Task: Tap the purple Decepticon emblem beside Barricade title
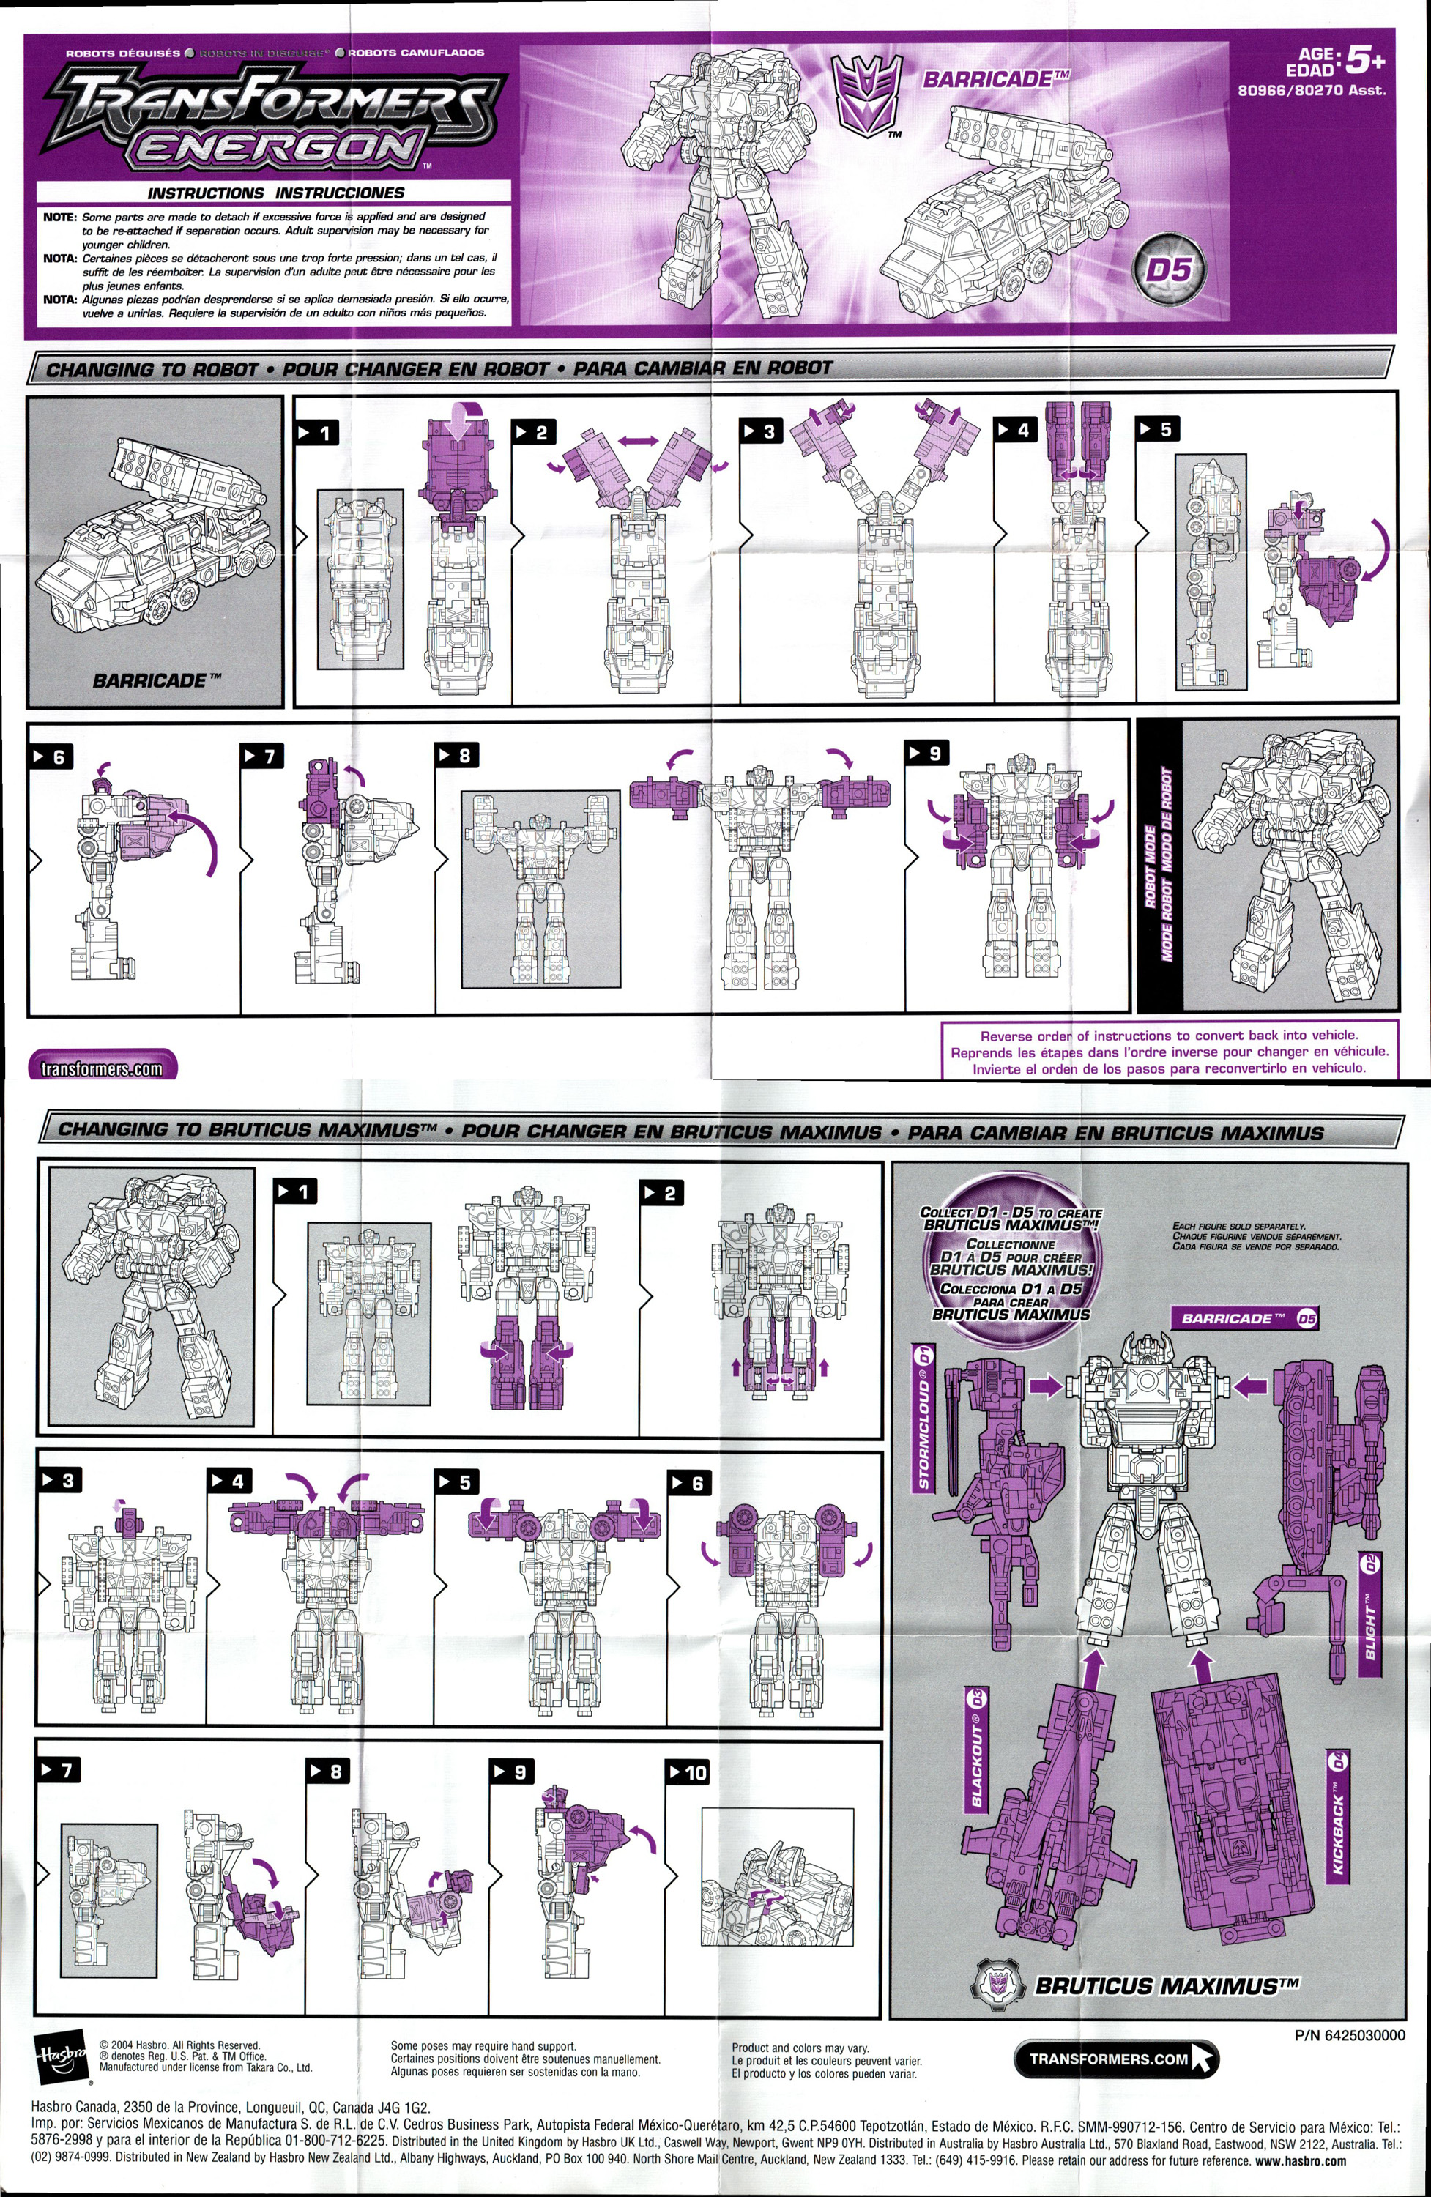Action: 864,96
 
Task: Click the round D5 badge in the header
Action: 1169,269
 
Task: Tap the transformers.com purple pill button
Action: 103,1067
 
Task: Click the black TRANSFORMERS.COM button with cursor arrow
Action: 1115,2059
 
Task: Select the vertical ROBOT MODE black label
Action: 1158,864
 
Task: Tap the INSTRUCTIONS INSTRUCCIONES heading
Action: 275,193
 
